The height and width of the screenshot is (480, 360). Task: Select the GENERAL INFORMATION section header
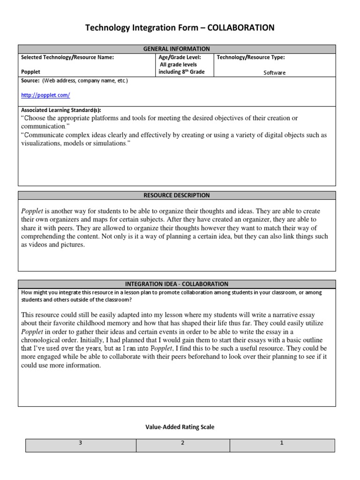(x=177, y=49)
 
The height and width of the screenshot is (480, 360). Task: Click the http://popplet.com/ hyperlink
(x=45, y=95)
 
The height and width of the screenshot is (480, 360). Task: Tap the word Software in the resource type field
(x=274, y=73)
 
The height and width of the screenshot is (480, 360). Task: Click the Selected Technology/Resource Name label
(x=67, y=57)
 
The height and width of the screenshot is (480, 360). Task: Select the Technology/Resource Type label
(x=250, y=57)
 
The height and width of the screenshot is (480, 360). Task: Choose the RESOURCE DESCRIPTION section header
(x=177, y=195)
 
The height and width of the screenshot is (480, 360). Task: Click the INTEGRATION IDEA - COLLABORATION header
(x=177, y=284)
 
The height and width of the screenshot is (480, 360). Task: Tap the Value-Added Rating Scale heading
(x=180, y=427)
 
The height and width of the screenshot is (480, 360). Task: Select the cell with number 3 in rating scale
(x=81, y=443)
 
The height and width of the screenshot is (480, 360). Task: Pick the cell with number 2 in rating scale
(x=183, y=443)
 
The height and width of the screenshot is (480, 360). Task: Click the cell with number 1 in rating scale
(x=282, y=443)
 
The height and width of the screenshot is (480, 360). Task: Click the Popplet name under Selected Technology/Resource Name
(x=31, y=72)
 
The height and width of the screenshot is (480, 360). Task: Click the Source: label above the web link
(x=30, y=81)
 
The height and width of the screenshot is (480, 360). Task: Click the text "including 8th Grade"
(x=181, y=72)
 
